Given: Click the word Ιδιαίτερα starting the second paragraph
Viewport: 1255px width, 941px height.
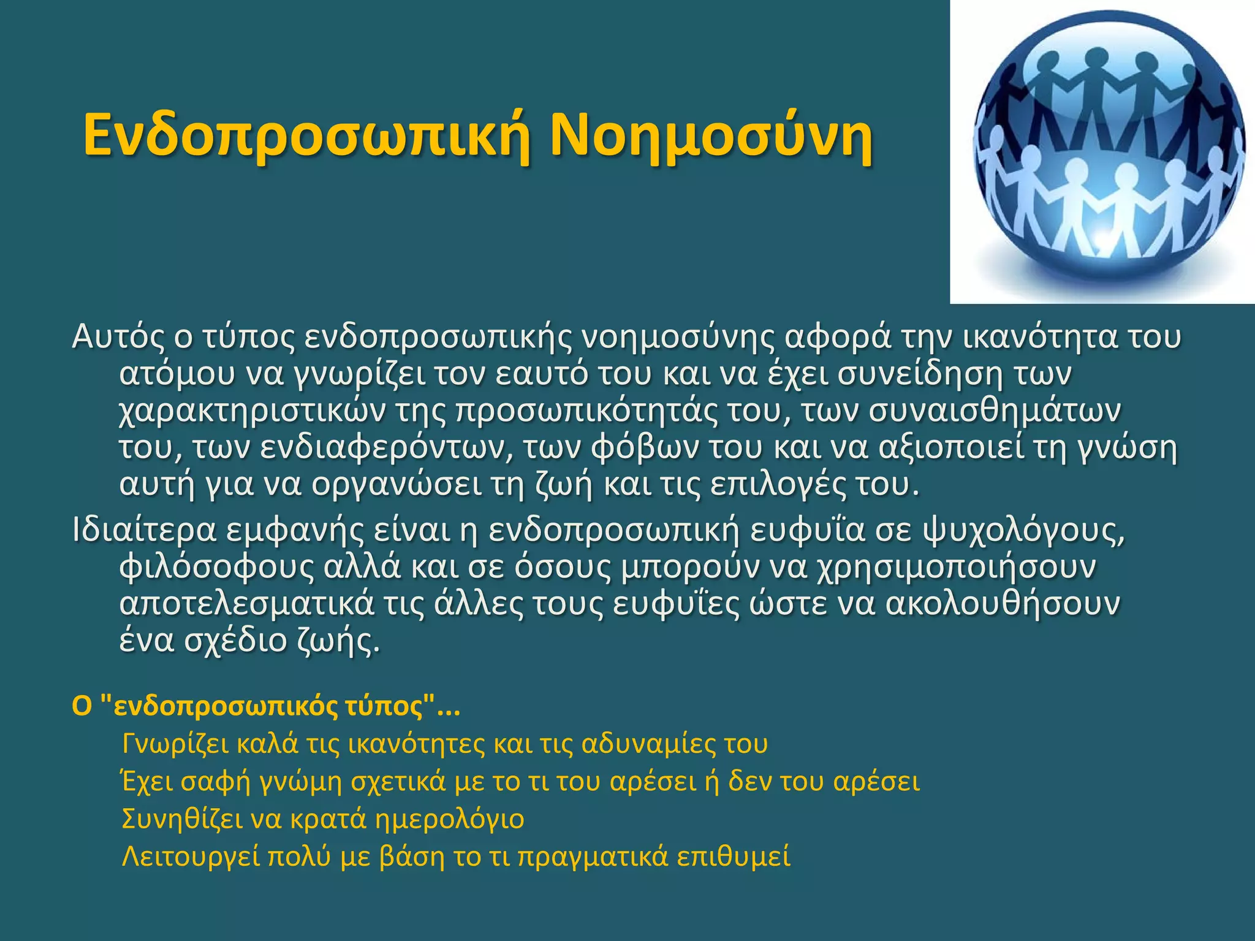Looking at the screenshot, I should coord(144,531).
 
